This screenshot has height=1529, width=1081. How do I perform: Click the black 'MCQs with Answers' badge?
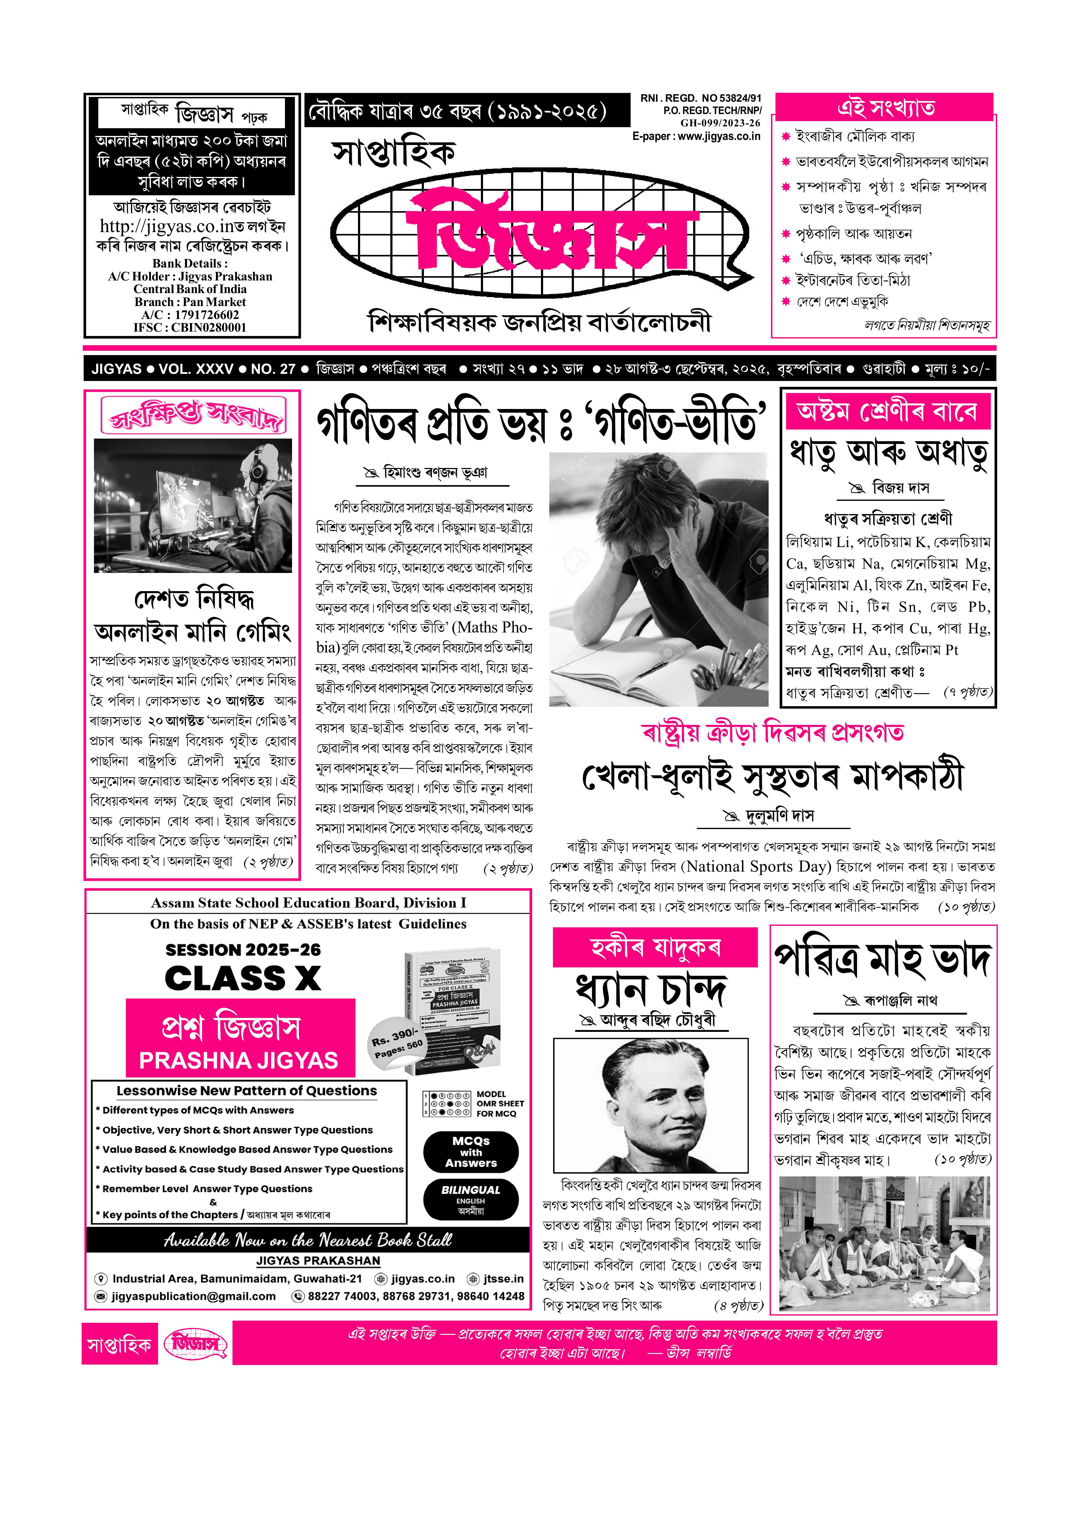[471, 1152]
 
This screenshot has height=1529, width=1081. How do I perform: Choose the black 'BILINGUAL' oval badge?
[471, 1199]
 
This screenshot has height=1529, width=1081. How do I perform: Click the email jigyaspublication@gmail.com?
[193, 1296]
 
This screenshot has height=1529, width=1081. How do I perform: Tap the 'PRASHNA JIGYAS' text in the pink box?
[238, 1060]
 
